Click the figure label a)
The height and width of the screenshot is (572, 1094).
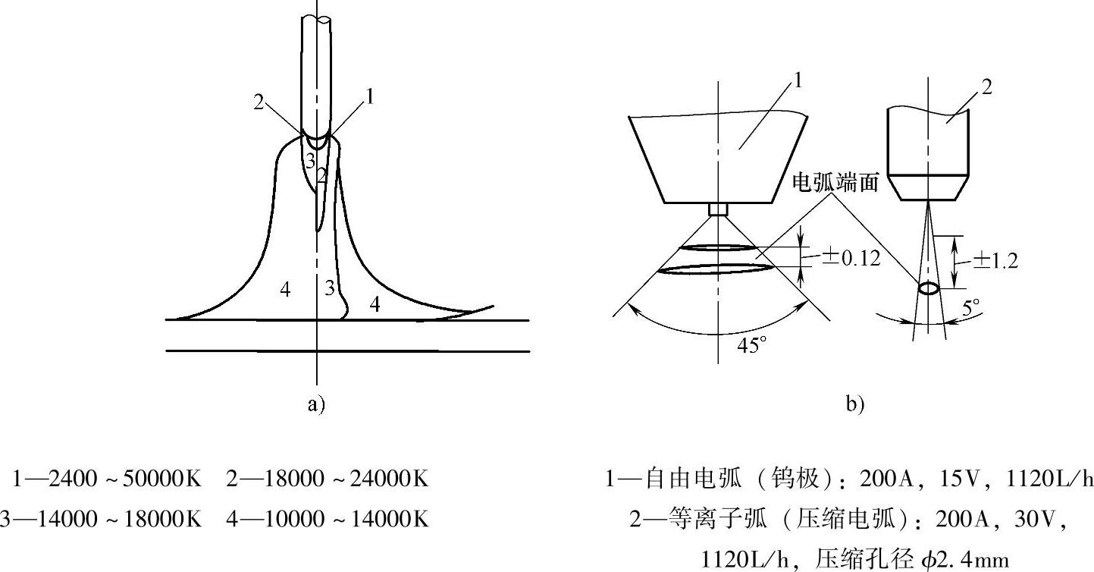(316, 405)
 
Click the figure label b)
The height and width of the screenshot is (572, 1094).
(854, 405)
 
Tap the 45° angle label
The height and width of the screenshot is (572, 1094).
(751, 346)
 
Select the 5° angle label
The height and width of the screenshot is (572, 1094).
(971, 307)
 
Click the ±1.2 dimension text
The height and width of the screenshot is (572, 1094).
(995, 260)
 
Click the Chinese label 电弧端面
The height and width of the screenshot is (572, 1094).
(835, 182)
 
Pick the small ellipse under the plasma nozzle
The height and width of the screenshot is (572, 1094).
(928, 289)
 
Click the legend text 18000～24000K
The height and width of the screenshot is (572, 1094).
(350, 479)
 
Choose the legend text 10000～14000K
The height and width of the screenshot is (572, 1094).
(350, 519)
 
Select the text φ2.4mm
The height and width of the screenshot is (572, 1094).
(965, 560)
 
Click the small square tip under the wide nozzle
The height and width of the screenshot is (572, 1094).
(718, 209)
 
